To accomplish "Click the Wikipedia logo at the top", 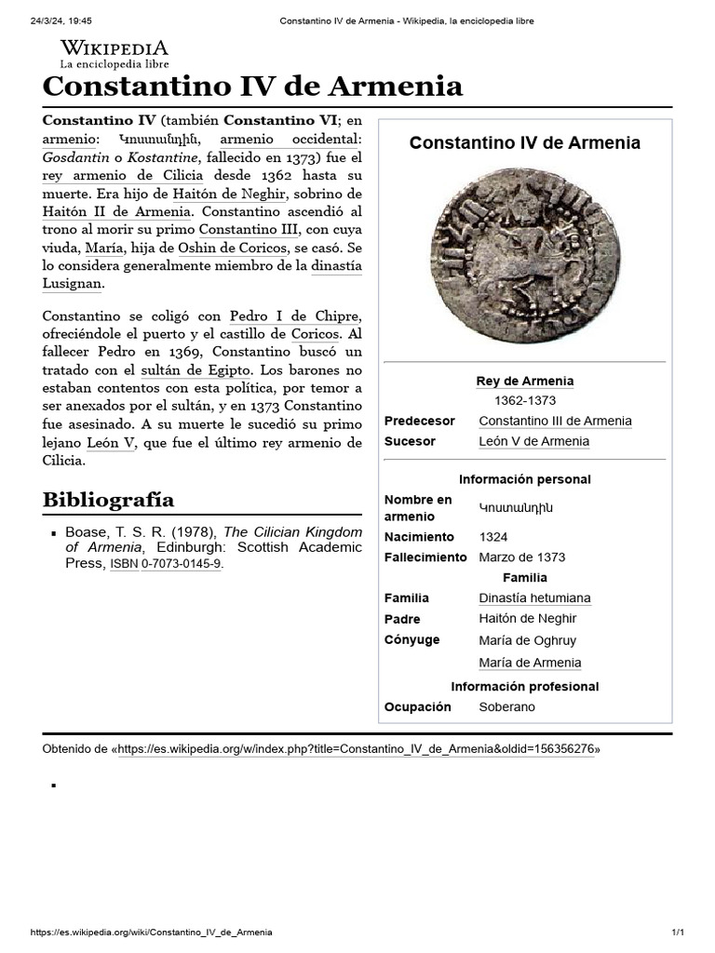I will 114,53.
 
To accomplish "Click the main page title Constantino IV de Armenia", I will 252,87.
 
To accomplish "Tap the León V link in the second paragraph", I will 111,443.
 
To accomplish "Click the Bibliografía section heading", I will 108,500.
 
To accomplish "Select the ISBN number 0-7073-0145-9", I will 182,564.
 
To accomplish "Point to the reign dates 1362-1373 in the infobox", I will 524,400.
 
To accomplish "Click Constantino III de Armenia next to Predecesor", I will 555,421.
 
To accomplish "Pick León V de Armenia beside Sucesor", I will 533,441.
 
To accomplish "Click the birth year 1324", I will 493,537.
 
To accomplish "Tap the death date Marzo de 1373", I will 521,557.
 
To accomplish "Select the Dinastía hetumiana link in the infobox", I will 534,597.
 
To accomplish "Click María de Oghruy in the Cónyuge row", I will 527,640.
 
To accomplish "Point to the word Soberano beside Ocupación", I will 506,707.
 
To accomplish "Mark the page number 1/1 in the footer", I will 678,933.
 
